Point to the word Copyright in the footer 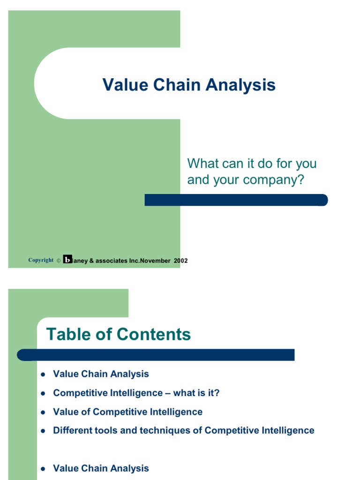(41, 260)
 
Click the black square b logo (67, 260)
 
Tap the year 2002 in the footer (180, 261)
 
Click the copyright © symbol (58, 261)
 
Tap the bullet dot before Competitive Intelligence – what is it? (43, 394)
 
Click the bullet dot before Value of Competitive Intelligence (43, 412)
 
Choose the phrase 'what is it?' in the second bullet (196, 393)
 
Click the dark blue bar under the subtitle (236, 200)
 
